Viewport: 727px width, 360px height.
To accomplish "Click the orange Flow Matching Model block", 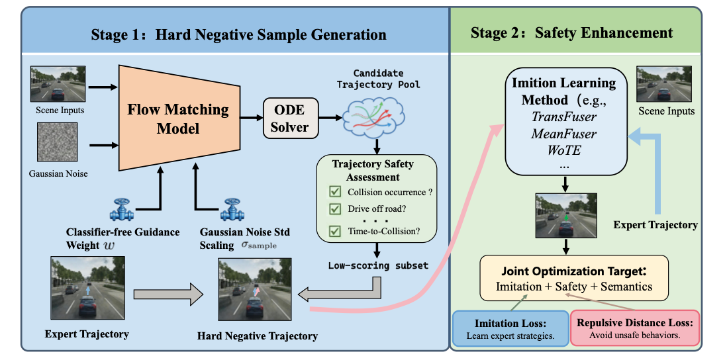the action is tap(179, 118).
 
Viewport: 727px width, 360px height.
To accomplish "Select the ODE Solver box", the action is tap(291, 118).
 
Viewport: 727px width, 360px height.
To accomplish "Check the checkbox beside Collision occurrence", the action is tap(334, 192).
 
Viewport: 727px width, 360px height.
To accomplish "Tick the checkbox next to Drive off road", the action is tap(334, 209).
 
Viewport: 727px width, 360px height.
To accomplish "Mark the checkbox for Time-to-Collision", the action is tap(334, 230).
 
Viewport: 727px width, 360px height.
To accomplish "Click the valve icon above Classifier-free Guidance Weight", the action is tap(122, 210).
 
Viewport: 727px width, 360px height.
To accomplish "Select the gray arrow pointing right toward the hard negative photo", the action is tap(168, 294).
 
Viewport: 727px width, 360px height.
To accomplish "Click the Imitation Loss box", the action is tap(510, 328).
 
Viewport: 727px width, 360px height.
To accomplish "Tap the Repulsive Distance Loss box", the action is tap(634, 328).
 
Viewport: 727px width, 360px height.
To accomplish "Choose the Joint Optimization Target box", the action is tap(574, 278).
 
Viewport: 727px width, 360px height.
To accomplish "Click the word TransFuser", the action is tap(564, 116).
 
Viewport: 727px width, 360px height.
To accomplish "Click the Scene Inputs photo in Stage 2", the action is tap(664, 84).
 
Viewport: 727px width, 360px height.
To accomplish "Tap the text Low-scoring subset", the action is tap(378, 265).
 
